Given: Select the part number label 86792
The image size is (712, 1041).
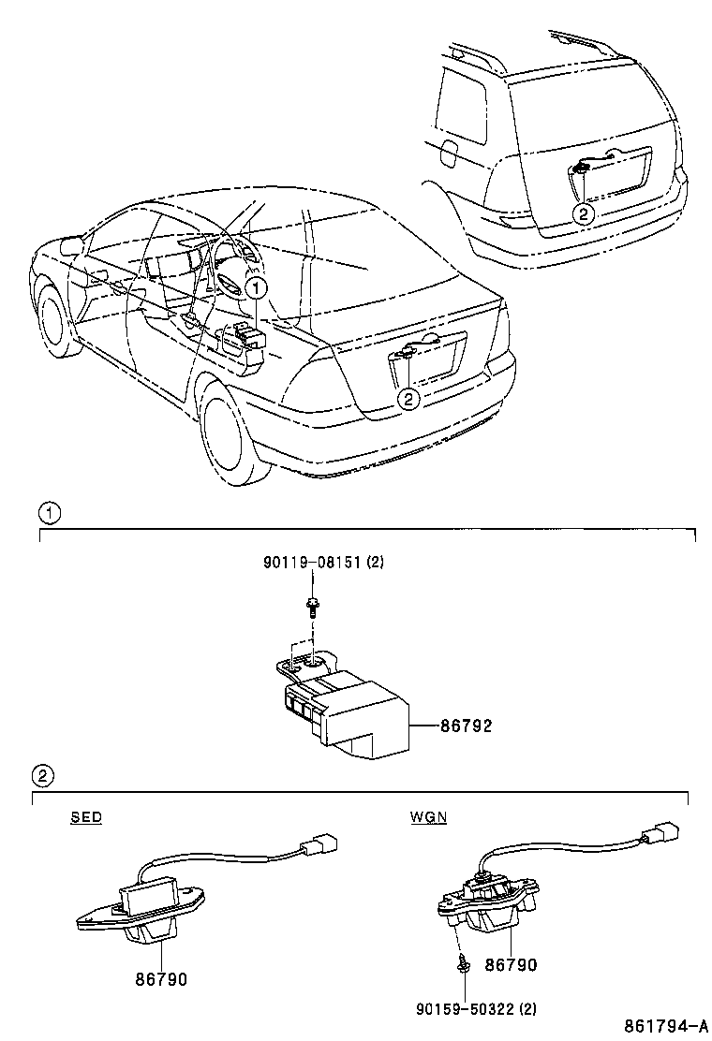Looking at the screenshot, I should (x=466, y=726).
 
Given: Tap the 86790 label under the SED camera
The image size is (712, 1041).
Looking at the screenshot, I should (x=161, y=979).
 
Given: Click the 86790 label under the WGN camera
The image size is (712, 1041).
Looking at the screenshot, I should (x=512, y=965).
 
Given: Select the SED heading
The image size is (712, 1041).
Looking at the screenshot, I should (x=86, y=817).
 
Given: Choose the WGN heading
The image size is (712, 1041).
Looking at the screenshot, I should (x=428, y=817).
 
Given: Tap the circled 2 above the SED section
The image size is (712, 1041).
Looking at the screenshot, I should (x=43, y=775).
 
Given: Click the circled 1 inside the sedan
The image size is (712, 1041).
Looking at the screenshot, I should (x=257, y=287).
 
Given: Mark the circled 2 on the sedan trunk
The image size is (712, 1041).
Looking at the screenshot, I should (x=408, y=398).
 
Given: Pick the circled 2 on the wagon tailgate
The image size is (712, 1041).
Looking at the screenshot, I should (x=583, y=213).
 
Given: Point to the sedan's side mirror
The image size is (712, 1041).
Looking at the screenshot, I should (x=70, y=247).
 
